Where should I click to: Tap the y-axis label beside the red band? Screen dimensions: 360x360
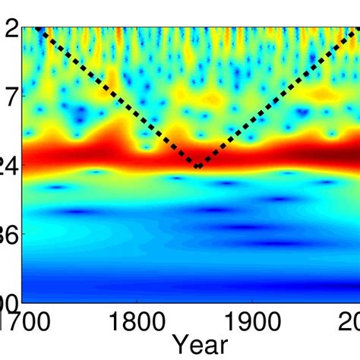click(x=9, y=165)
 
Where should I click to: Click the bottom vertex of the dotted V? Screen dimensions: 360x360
click(x=197, y=166)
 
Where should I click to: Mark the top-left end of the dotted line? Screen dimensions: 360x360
click(x=38, y=28)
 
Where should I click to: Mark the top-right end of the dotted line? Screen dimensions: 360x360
click(x=358, y=28)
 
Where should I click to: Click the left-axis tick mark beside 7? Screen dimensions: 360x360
click(x=24, y=96)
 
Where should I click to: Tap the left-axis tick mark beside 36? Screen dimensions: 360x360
click(x=24, y=234)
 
